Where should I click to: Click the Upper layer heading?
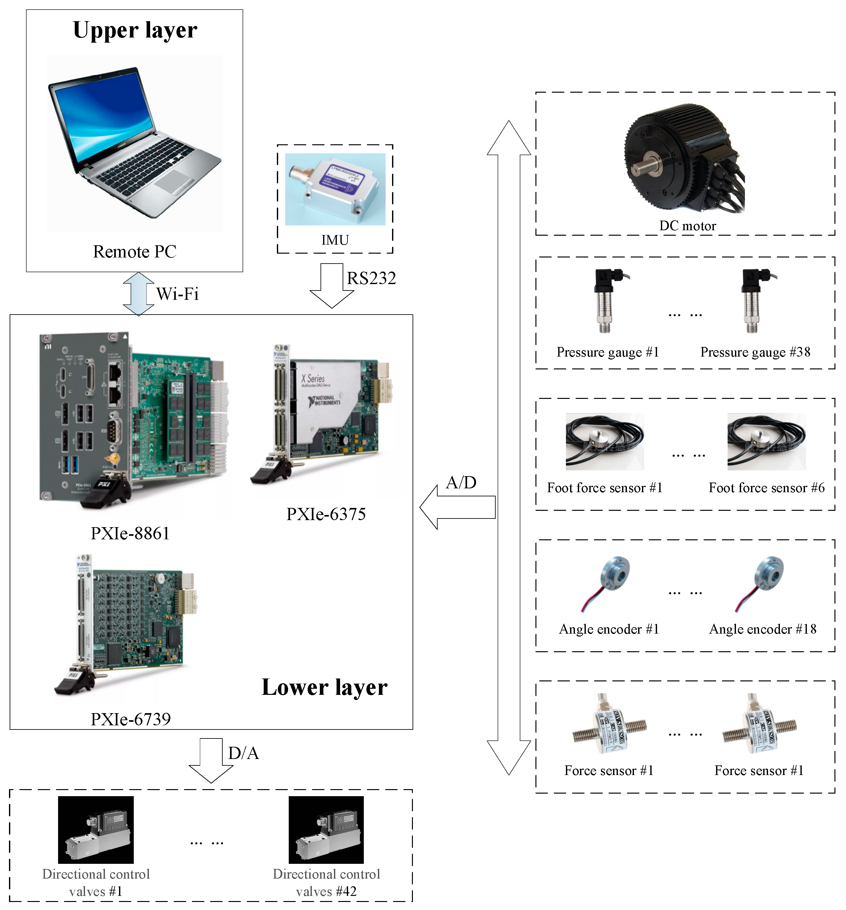coord(135,30)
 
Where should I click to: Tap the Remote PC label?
coord(135,252)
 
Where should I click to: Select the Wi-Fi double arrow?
coord(138,294)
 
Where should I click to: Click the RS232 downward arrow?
coord(331,284)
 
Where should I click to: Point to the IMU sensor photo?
coord(335,189)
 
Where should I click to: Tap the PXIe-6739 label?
coord(131,719)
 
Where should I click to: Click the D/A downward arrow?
coord(211,760)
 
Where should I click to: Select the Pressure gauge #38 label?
coord(755,352)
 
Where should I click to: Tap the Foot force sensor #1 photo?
coord(605,442)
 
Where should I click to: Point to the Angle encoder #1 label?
coord(609,629)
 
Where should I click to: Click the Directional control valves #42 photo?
coord(326,830)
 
